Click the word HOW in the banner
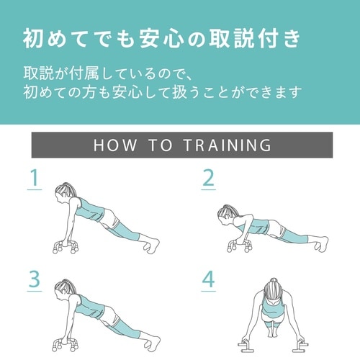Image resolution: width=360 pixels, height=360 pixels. pyautogui.click(x=115, y=145)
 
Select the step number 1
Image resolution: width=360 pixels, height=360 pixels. pyautogui.click(x=32, y=179)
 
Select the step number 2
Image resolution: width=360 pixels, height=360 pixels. pyautogui.click(x=209, y=179)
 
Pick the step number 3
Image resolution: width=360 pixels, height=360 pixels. pyautogui.click(x=32, y=279)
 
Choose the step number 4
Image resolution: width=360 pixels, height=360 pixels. pyautogui.click(x=209, y=279)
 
